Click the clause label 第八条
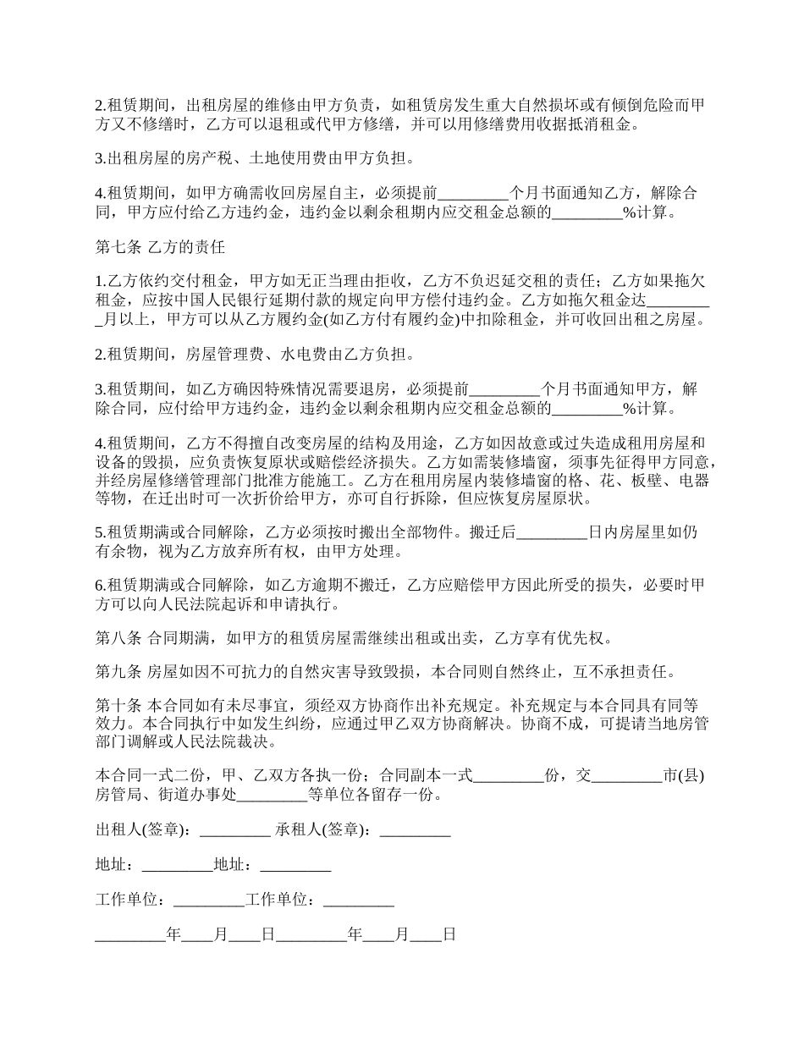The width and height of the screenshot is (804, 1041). [x=118, y=637]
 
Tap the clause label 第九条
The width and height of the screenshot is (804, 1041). [x=118, y=673]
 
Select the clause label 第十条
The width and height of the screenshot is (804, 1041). [x=118, y=705]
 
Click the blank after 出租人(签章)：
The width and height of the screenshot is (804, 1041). [x=234, y=830]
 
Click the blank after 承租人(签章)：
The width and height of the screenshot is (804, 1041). [x=415, y=830]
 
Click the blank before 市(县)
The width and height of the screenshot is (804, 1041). [x=628, y=775]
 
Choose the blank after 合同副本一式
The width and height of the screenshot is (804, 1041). [x=508, y=775]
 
